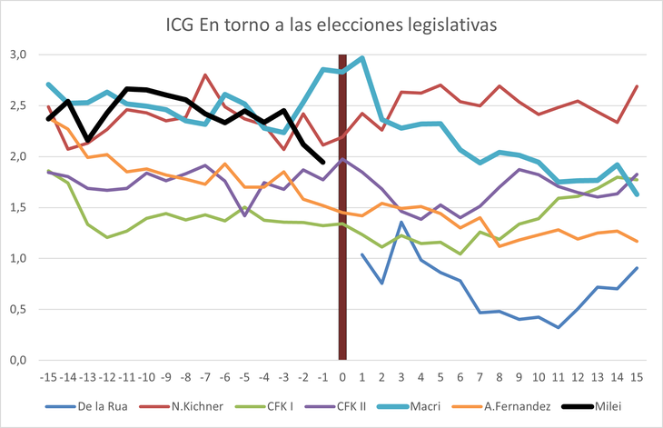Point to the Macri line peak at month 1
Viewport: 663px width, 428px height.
click(362, 58)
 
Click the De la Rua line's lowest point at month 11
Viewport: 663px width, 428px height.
click(559, 327)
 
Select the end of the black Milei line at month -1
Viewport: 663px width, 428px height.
click(323, 162)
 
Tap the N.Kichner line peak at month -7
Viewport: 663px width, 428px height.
click(205, 75)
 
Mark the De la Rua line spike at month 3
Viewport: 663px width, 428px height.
click(401, 222)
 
